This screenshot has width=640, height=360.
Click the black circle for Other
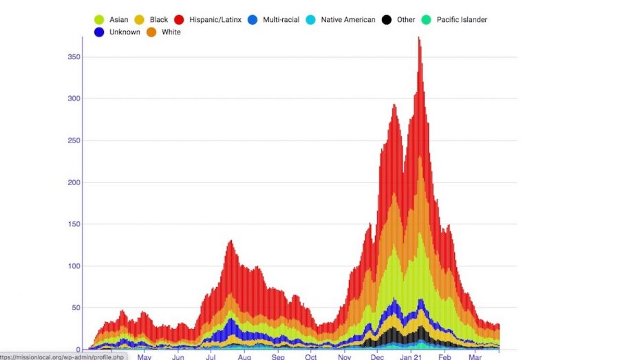click(387, 20)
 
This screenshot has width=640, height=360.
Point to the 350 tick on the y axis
click(73, 57)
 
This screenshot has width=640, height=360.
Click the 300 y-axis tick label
click(73, 99)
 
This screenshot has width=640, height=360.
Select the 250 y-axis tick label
click(73, 141)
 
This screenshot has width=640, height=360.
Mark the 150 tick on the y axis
click(73, 224)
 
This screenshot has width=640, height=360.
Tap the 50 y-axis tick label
click(75, 308)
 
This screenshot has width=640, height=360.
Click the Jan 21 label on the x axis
click(412, 357)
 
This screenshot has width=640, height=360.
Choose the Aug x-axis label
click(244, 357)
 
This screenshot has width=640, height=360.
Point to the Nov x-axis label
click(344, 357)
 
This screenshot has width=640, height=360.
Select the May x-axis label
click(144, 357)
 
